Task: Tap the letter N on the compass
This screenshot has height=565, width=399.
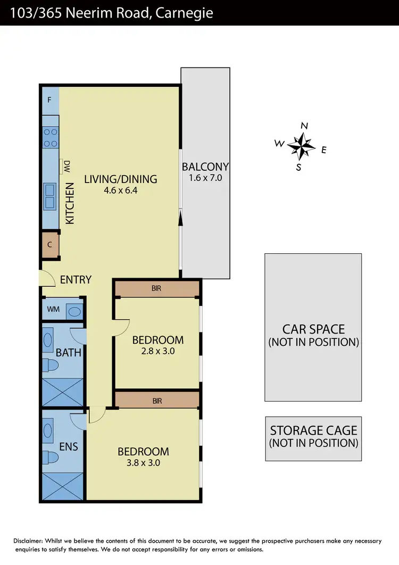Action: (305, 126)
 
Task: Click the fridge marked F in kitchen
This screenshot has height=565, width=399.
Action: (50, 100)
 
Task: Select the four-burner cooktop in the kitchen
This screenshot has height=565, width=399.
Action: (51, 137)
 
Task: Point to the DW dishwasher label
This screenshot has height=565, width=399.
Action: (67, 167)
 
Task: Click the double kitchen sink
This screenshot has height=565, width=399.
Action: (51, 196)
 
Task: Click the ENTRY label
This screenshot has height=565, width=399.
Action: (76, 279)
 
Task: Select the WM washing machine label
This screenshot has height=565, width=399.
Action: (54, 309)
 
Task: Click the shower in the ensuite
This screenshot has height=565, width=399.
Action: (63, 485)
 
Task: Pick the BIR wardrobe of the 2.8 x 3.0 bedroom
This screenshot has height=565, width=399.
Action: (156, 288)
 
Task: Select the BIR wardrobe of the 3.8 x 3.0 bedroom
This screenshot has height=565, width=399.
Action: (157, 401)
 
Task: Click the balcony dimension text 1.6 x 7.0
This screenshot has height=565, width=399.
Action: (205, 178)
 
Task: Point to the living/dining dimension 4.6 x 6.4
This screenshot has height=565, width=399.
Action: (121, 190)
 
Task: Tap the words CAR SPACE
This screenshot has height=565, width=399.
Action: (313, 329)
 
